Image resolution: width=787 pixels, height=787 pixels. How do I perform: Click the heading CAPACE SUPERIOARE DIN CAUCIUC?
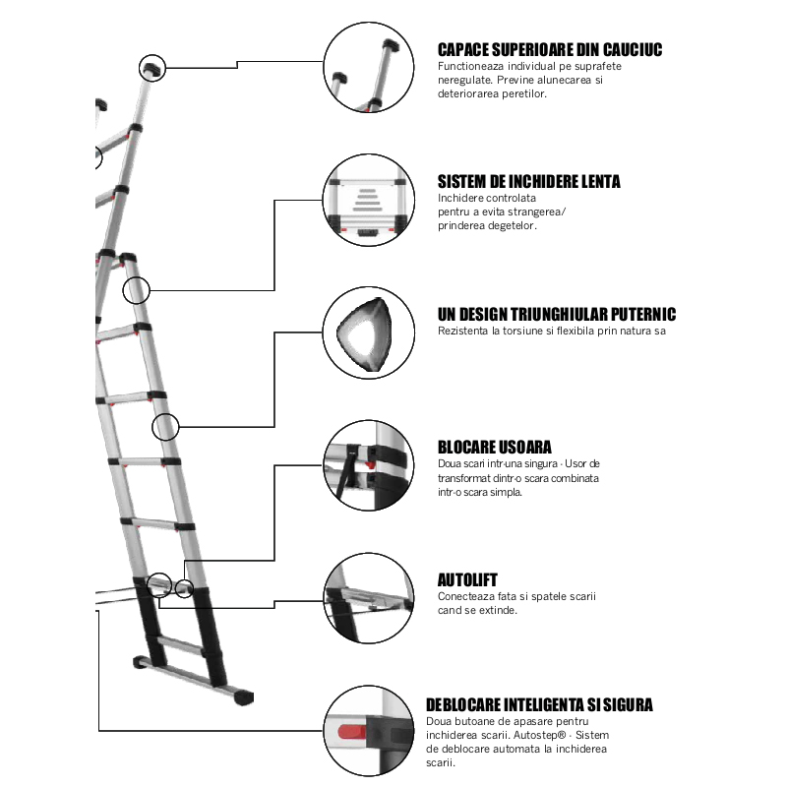point(550,49)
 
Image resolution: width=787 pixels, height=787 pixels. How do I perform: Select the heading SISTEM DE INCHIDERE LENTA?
point(528,182)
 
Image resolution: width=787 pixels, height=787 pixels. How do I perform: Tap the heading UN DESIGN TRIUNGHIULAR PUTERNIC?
point(557,314)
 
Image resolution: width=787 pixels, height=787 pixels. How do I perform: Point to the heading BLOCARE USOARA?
point(494,448)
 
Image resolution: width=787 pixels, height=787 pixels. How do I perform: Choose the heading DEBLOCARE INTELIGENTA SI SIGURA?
point(539,704)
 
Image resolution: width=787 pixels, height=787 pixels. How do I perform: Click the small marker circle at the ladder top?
point(152,67)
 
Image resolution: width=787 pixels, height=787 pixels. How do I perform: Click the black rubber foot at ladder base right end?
point(239,697)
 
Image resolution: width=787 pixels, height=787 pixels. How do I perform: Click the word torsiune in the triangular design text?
point(521,331)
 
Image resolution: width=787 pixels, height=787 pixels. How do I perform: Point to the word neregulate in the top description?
point(464,80)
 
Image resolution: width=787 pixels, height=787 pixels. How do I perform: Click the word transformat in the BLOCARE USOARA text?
point(468,477)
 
